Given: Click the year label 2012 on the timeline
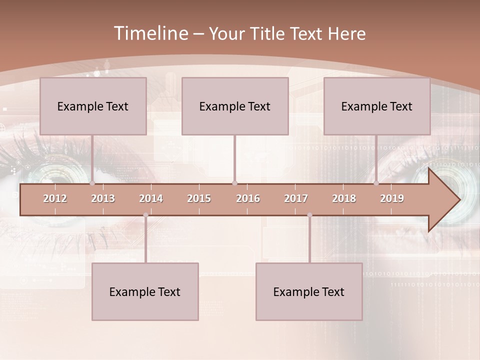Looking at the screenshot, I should (55, 198).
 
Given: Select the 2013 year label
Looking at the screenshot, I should (103, 198).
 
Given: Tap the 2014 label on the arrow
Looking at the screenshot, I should (151, 198).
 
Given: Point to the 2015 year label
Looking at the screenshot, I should (199, 198).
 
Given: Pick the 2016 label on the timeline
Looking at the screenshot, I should (248, 198).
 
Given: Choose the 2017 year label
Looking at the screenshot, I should (296, 198).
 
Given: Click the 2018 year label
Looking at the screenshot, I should (344, 198).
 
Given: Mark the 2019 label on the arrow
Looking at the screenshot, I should (392, 198).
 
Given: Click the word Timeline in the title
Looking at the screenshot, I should (150, 33).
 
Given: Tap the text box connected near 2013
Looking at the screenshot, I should (93, 106).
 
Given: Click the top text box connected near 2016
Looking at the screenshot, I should (235, 106).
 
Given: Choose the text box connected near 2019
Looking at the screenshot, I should (377, 106).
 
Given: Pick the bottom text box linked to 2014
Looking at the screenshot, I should (145, 291).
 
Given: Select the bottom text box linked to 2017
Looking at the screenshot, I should (309, 291).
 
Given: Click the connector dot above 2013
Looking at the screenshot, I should (92, 183).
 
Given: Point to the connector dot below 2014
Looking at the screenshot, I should (145, 215).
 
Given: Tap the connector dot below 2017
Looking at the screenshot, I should (309, 215).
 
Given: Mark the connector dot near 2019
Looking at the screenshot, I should (376, 183).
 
